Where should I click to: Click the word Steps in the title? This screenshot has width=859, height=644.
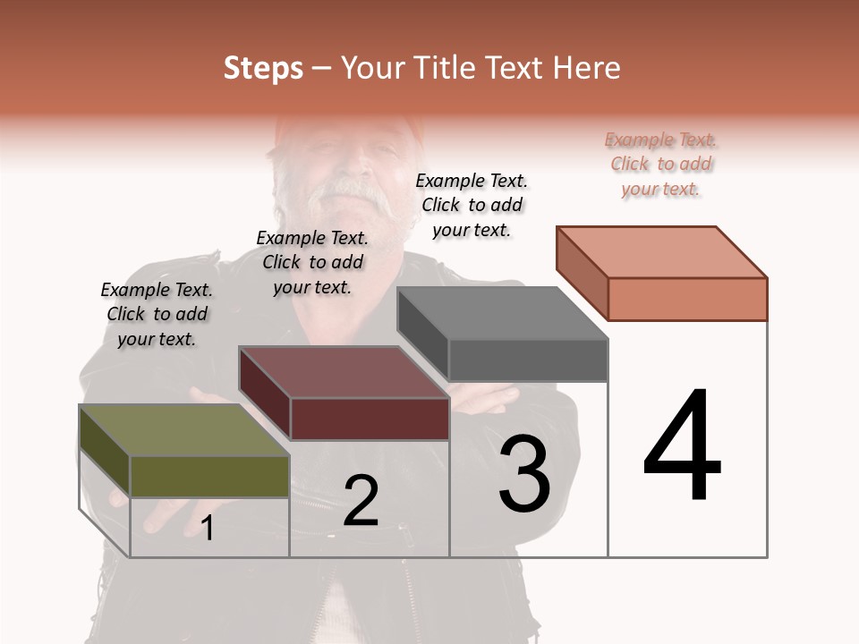(x=263, y=68)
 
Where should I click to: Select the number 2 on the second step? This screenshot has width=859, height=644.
(x=361, y=500)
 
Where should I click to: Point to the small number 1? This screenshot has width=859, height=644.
(x=208, y=529)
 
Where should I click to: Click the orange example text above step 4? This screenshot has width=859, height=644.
(x=661, y=164)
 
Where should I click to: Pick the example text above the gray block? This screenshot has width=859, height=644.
(x=472, y=205)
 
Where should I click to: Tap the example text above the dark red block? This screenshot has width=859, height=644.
(x=312, y=262)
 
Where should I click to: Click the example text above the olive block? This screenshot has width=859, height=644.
(x=157, y=314)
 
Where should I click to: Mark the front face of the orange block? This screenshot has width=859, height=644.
(x=687, y=299)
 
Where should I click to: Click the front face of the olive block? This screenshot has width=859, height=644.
(x=209, y=476)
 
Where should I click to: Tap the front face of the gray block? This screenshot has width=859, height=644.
(x=528, y=360)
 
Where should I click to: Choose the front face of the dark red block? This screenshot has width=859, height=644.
(x=370, y=419)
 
